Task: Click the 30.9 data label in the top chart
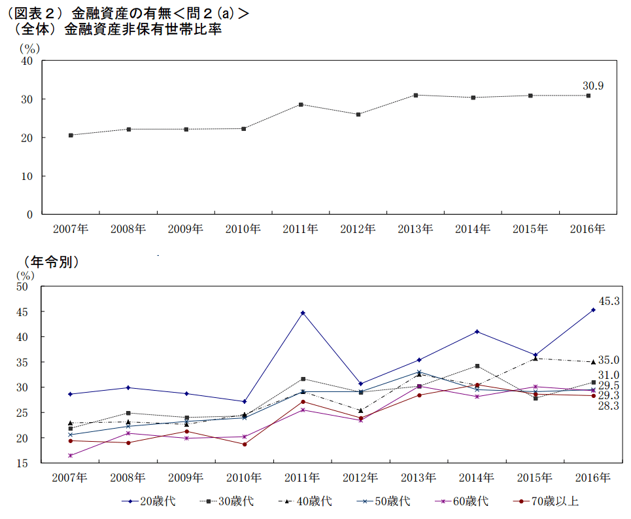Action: tap(593, 86)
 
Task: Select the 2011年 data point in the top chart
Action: tap(301, 105)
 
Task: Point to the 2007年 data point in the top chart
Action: tap(71, 135)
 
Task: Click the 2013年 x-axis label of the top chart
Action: tap(416, 228)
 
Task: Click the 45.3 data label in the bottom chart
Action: tap(609, 302)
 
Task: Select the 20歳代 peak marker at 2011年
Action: tap(303, 313)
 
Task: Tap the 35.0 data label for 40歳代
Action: tap(608, 360)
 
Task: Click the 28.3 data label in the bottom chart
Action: tap(608, 406)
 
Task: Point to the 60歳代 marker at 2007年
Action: tap(71, 456)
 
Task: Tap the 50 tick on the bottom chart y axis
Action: tap(27, 287)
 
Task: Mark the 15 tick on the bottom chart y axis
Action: tap(27, 463)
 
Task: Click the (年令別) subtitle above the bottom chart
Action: tap(52, 262)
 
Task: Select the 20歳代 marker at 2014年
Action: tap(477, 332)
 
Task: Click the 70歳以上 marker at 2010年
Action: tap(245, 444)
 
